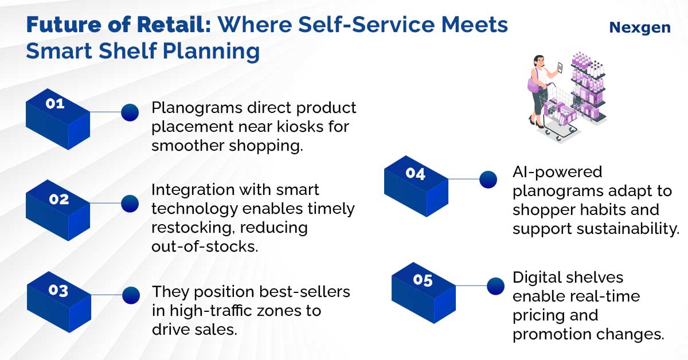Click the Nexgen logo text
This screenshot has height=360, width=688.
(640, 28)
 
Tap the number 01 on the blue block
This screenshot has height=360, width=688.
(55, 104)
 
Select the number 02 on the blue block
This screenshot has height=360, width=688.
(59, 199)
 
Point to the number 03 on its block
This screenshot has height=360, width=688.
(58, 290)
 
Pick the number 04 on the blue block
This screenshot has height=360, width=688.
(415, 173)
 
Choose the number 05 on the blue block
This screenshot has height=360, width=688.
(423, 280)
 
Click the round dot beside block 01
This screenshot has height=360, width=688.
(130, 112)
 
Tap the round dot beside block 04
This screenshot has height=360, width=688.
(488, 179)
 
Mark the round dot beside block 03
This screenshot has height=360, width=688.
(131, 295)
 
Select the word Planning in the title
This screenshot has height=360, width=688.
(212, 51)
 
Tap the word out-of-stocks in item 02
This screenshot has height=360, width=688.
(205, 246)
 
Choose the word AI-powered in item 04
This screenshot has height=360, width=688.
(557, 172)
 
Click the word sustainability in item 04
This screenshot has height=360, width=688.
(628, 229)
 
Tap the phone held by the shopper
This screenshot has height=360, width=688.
(560, 68)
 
